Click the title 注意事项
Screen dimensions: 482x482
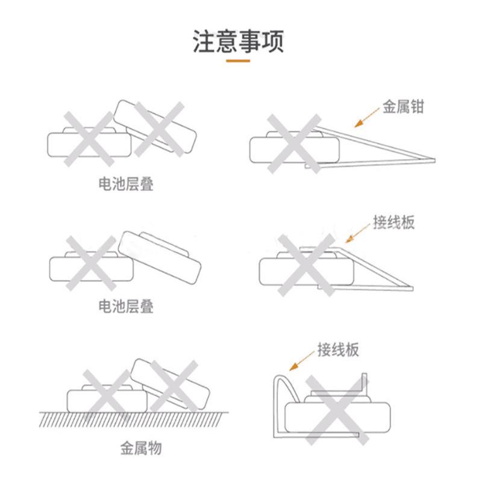[x=238, y=42]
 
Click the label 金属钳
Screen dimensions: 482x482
[x=403, y=107]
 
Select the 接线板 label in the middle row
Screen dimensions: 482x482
[x=393, y=222]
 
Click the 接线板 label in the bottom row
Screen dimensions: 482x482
[x=338, y=349]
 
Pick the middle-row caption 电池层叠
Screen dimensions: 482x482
[x=126, y=307]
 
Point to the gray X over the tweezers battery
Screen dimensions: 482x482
[x=294, y=143]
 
